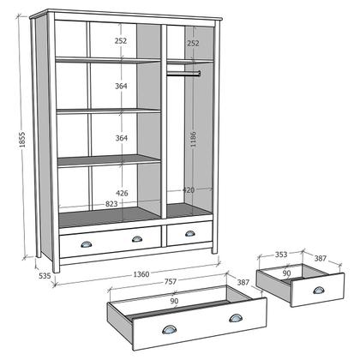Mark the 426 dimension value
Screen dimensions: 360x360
(x=122, y=193)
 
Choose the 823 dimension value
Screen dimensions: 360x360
(x=111, y=203)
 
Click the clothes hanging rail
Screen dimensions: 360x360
(x=183, y=74)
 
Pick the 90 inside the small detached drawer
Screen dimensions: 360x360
(x=287, y=273)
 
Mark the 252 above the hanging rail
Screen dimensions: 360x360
(x=193, y=43)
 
